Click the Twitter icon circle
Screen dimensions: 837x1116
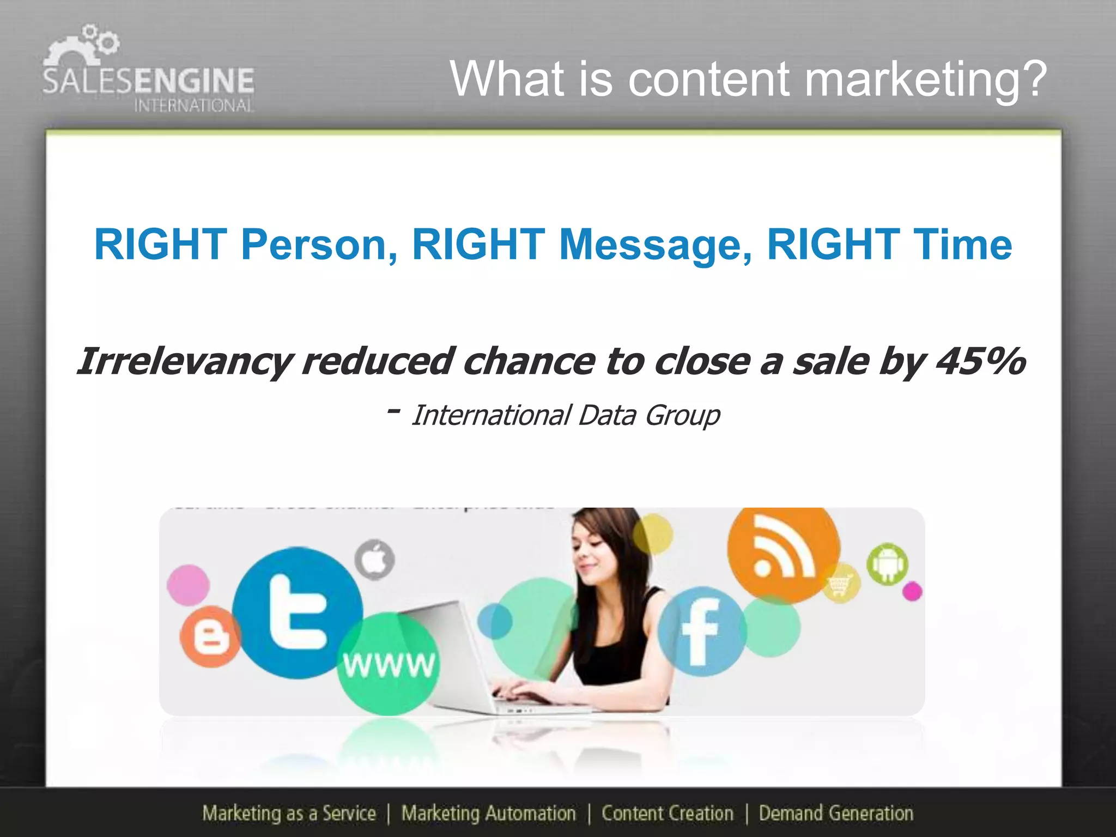coord(298,612)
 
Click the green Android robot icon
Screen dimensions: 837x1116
coord(887,564)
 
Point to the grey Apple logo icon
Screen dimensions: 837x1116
coord(374,560)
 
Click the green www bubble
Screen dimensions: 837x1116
coord(388,663)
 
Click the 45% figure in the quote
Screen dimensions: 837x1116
coord(981,361)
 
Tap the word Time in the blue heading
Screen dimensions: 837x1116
coord(962,245)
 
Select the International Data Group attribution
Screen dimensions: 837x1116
coord(565,416)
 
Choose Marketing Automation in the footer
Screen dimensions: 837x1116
coord(488,813)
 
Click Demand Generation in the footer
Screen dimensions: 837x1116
coord(836,813)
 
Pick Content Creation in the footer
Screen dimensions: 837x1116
coord(668,813)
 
